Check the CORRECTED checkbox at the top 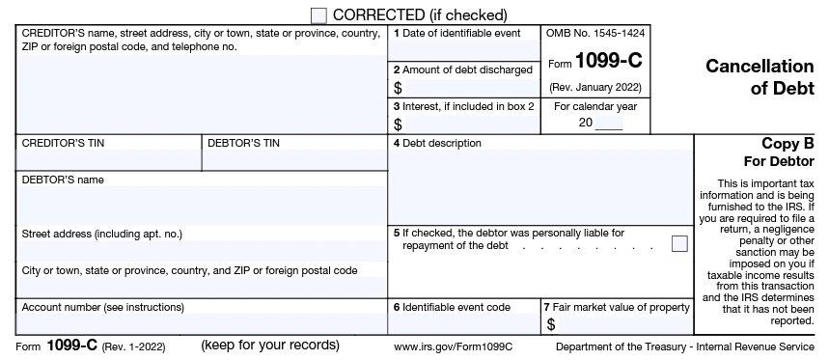coord(319,15)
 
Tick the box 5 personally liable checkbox coord(679,243)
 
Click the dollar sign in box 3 coord(398,124)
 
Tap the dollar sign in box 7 coord(550,324)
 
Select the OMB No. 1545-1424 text coord(595,34)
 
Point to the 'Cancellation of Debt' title coord(760,77)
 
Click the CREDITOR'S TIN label coord(63,144)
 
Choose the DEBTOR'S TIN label coord(244,144)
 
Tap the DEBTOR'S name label coord(63,180)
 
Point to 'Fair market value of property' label coord(621,307)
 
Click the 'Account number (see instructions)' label coord(102,307)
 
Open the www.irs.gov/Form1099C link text coord(453,346)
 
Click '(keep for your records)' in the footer coord(270,345)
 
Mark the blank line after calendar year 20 coord(609,124)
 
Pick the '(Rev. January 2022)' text coord(595,87)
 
